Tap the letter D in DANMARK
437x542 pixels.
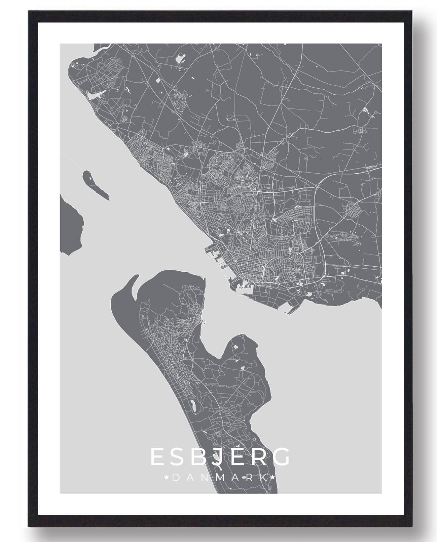tap(176, 478)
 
